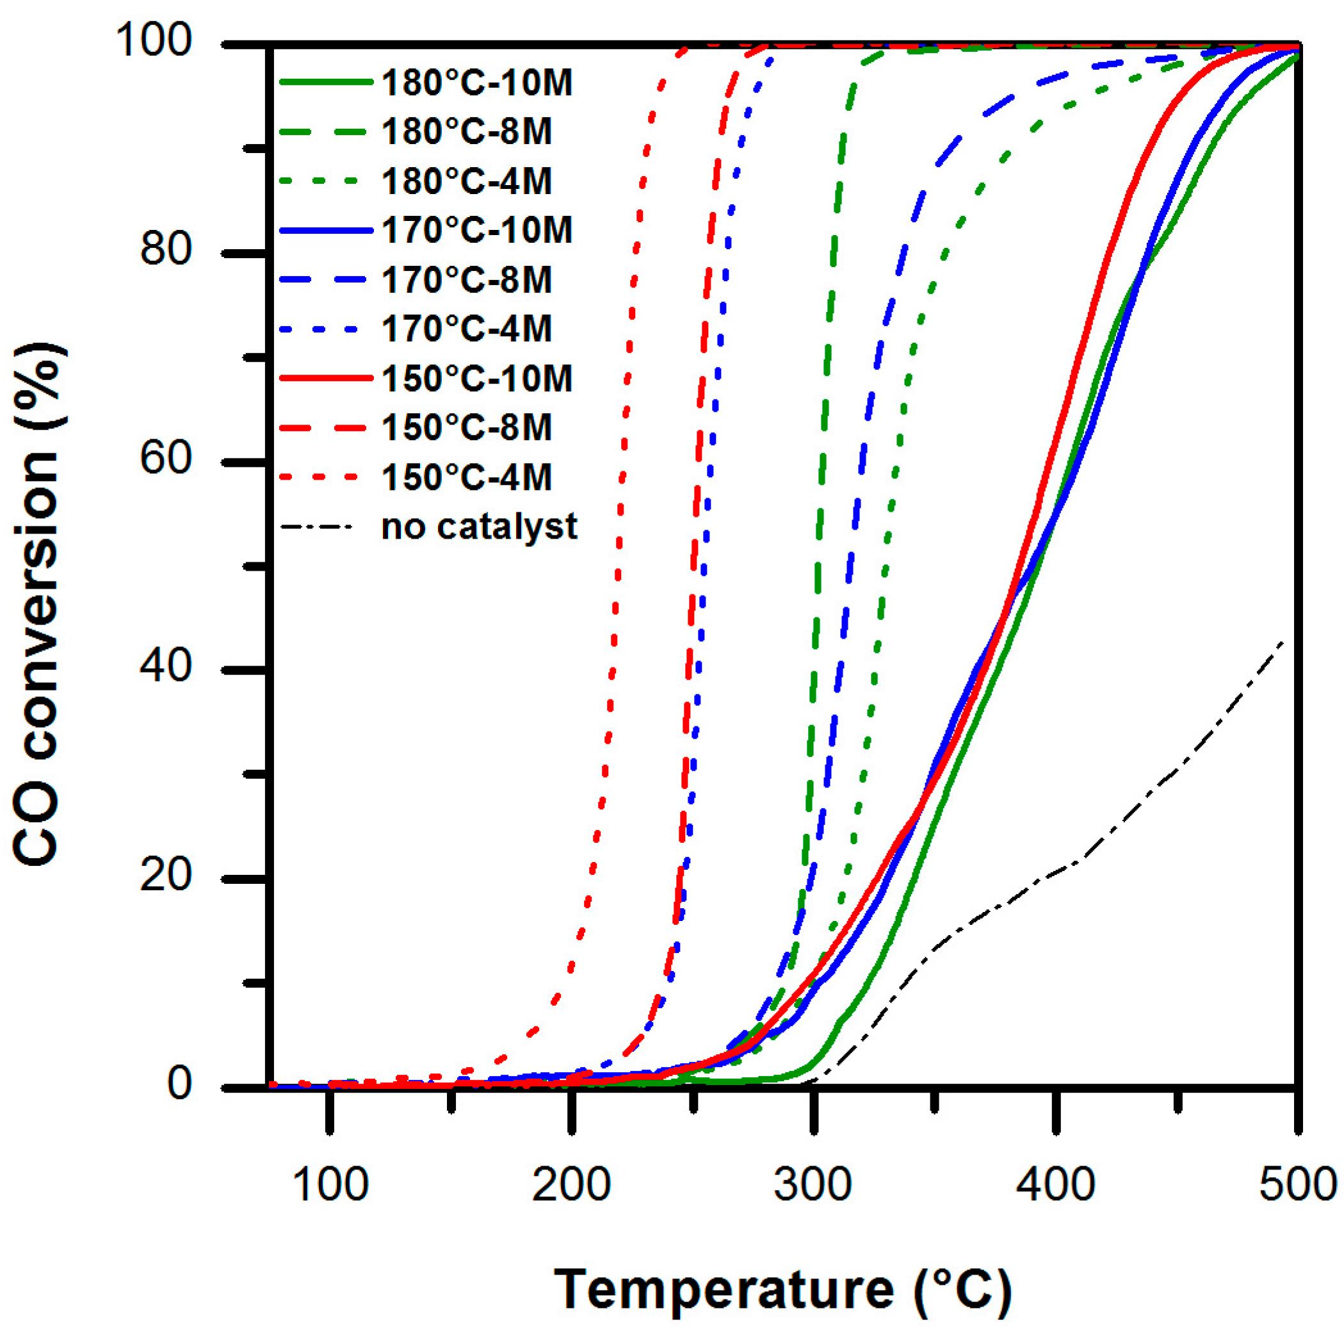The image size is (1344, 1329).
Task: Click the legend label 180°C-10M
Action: tap(476, 83)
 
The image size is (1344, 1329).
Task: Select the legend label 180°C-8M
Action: tap(466, 131)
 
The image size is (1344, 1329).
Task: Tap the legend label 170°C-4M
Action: tap(466, 329)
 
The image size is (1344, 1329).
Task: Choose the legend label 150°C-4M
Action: tap(466, 478)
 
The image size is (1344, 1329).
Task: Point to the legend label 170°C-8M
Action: tap(466, 280)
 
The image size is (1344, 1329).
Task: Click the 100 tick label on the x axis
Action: tap(330, 1184)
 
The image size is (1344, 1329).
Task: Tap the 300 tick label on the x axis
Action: tap(813, 1184)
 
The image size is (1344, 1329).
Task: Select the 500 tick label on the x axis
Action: tap(1298, 1184)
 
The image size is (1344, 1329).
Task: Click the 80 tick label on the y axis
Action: tap(166, 249)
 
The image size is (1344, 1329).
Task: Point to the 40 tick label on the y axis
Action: tap(166, 666)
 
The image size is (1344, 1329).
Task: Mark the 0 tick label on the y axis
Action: tap(179, 1084)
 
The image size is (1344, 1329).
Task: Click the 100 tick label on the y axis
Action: tap(153, 40)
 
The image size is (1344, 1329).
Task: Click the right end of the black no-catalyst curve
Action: tap(1281, 640)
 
